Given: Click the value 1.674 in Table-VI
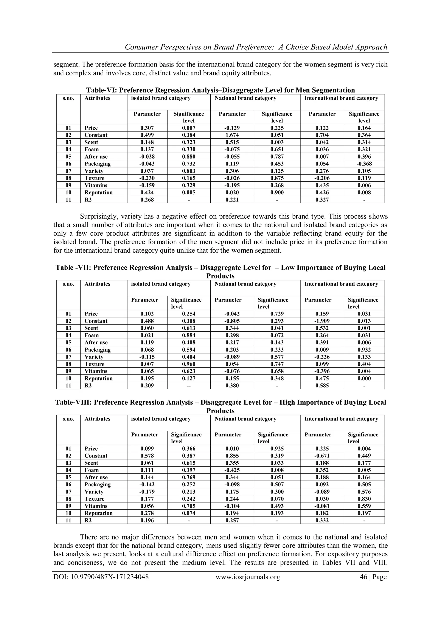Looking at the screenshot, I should click(232, 135).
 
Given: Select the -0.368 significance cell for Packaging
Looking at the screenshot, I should click(364, 164).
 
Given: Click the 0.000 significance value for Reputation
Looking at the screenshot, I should click(364, 379).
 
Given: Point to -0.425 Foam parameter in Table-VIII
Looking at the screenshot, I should click(232, 470).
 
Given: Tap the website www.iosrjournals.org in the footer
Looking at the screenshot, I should click(248, 577).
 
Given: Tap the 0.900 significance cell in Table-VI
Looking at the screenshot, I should click(277, 193).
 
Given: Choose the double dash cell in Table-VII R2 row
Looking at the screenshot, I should click(188, 386).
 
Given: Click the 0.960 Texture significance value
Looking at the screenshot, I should click(188, 364).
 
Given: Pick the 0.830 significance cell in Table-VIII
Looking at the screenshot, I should click(364, 499).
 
